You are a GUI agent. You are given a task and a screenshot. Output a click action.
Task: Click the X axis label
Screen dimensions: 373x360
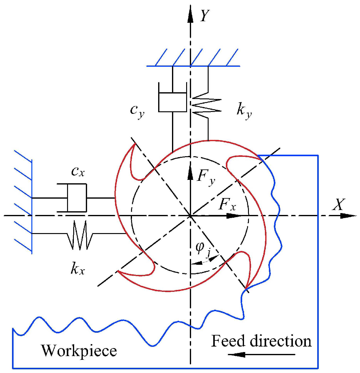tap(338, 204)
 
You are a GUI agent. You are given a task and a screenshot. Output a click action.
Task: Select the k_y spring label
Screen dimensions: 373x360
tap(244, 111)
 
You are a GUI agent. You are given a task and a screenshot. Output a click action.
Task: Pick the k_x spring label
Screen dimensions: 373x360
tap(77, 269)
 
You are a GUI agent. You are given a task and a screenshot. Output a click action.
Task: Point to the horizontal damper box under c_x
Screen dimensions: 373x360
tap(77, 198)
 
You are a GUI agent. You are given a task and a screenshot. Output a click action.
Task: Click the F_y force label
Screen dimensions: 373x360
tap(206, 177)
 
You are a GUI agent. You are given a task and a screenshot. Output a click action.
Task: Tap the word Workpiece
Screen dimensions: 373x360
tap(79, 351)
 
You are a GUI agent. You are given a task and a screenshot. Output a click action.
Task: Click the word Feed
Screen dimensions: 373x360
tap(228, 341)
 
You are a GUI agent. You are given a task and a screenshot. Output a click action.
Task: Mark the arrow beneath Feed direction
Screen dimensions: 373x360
tap(262, 355)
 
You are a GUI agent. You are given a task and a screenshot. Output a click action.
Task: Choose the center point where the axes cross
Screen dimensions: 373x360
tap(190, 216)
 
